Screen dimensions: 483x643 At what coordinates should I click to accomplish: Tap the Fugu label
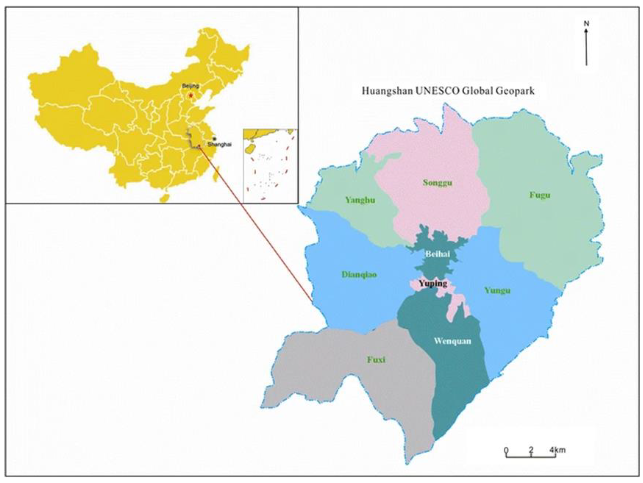coord(540,195)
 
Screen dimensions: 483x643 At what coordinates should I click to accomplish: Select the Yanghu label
coord(360,200)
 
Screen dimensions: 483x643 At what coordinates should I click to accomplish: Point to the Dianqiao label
coord(359,274)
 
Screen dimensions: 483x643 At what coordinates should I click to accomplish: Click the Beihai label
coord(438,254)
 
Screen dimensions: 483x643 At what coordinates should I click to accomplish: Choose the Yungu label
coord(498,290)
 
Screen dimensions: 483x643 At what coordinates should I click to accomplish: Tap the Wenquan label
coord(452,341)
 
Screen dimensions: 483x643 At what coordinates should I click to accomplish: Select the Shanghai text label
coord(220,145)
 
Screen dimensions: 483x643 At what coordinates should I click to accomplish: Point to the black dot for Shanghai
coord(214,139)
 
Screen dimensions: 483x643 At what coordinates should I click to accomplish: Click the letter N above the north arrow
coord(587,23)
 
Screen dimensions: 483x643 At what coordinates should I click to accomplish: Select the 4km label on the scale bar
coord(557,450)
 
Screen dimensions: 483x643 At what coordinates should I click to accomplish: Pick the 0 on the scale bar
coord(506,451)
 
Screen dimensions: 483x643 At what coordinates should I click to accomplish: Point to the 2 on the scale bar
coord(531,450)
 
